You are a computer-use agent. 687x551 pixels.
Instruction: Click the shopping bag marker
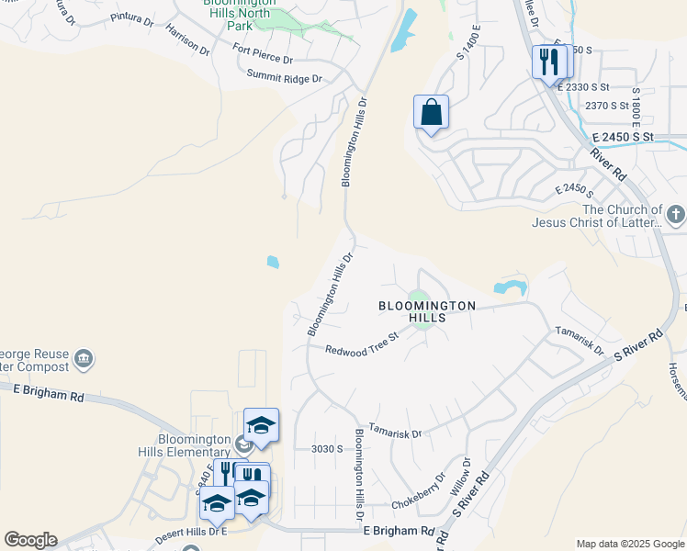click(431, 113)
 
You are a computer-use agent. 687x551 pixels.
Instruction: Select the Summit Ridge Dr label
click(284, 78)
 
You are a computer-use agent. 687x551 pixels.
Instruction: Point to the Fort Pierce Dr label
click(263, 54)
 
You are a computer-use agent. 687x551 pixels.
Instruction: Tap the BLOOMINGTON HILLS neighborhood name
click(427, 310)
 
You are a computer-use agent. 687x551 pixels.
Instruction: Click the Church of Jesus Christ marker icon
click(676, 216)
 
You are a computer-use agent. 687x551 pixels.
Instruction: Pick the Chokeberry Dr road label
click(418, 491)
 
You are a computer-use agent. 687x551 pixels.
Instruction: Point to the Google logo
click(30, 540)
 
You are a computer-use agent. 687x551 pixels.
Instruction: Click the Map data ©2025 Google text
click(629, 544)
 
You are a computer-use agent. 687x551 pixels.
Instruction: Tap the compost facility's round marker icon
click(84, 357)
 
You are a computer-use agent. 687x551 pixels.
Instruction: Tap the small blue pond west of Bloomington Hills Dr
click(273, 263)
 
